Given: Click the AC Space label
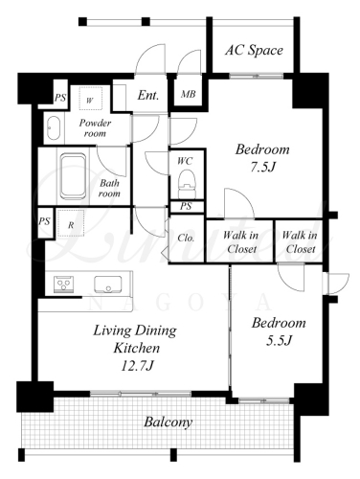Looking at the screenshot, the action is coord(254,50).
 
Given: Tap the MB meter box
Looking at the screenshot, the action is coord(189,94).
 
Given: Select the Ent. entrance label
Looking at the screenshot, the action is coord(148,95).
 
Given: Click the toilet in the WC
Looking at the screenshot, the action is coord(186,184).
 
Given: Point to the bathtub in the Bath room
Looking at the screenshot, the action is coord(74,175).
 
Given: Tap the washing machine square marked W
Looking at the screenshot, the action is coord(90,99).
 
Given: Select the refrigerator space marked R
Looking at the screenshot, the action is coord(71,223).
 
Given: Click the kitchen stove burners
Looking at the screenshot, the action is coord(64,284).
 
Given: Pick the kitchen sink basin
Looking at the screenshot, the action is coord(108,285).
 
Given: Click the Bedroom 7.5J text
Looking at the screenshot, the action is coord(262,158).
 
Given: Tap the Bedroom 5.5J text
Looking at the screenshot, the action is coord(279,331).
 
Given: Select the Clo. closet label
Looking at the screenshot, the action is coord(186,239).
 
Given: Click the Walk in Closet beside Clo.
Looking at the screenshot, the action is coord(240,242).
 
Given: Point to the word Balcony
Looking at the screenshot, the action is coord(169,422).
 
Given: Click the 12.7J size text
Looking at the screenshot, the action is coord(137,366).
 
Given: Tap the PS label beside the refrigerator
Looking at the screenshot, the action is coord(45,220).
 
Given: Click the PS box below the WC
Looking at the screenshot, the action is coord(187,207).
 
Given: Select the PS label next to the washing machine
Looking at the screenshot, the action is coord(60,97).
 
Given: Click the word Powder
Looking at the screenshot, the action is coord(95,123).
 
